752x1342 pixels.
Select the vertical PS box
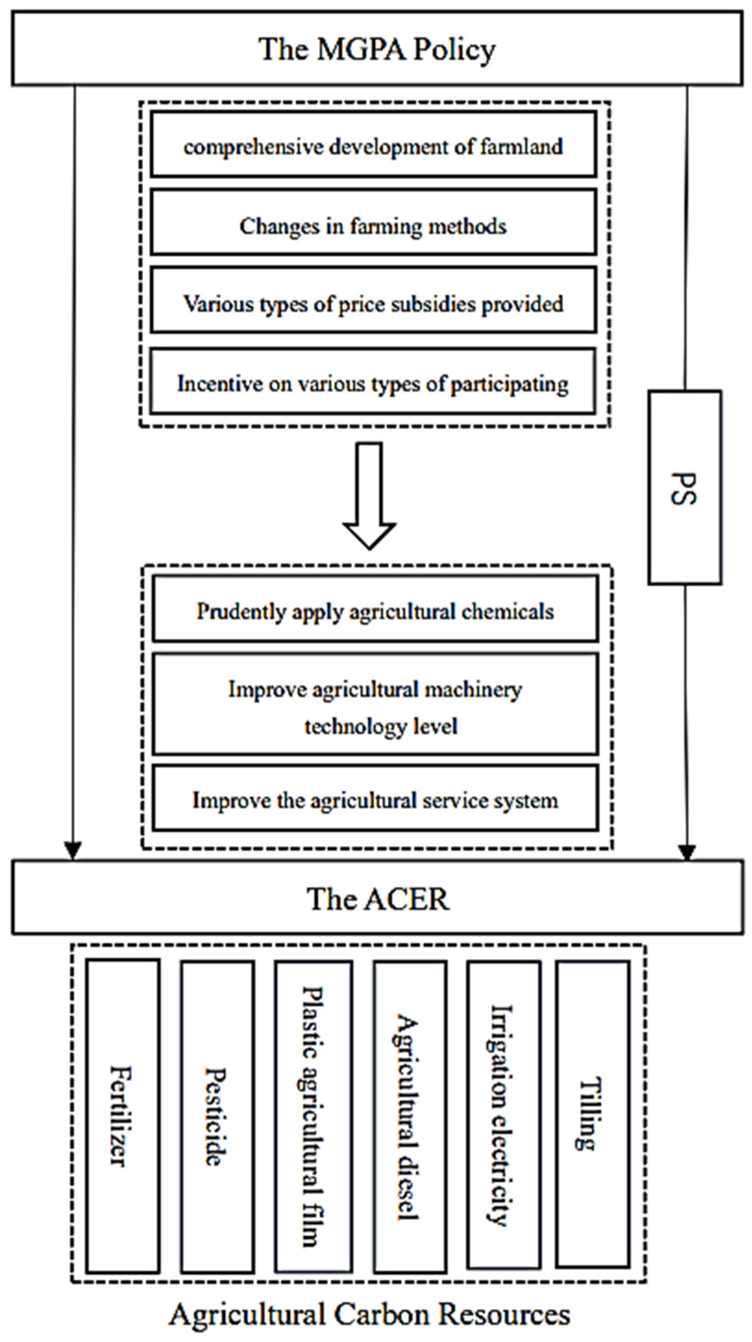click(x=684, y=488)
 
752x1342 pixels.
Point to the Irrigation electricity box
click(x=503, y=1115)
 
